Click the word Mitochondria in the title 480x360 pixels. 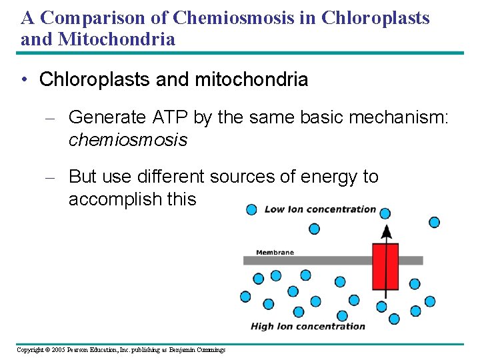[x=117, y=39]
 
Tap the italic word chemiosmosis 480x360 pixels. [x=128, y=140]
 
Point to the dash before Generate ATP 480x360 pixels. [x=53, y=118]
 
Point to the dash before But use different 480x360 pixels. [x=53, y=177]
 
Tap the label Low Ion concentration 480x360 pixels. [x=320, y=209]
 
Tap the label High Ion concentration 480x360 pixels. [x=308, y=326]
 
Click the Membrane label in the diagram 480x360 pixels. [x=275, y=253]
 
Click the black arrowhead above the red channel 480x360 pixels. [x=385, y=231]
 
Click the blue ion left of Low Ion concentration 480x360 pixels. [x=251, y=209]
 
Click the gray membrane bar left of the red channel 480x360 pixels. [x=307, y=261]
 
